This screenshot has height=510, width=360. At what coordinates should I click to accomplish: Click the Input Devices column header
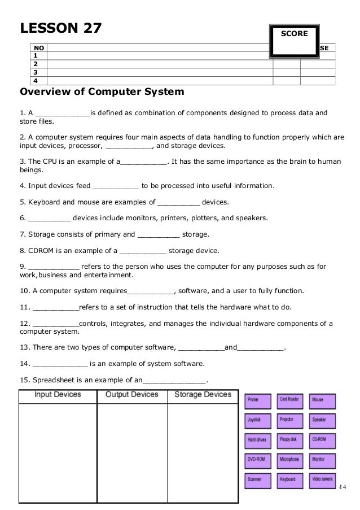point(58,394)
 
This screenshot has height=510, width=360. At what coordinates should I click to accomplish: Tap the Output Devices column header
point(132,394)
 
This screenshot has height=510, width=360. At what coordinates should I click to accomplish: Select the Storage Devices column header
point(203,394)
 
